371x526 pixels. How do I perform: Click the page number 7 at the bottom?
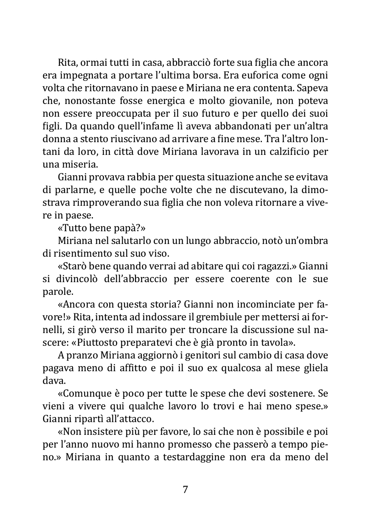(x=185, y=490)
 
